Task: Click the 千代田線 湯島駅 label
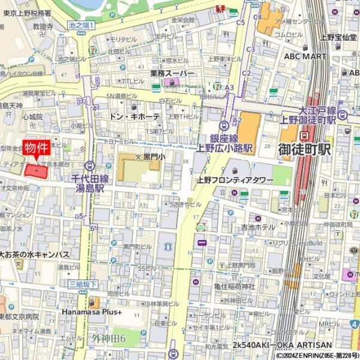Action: coord(90,183)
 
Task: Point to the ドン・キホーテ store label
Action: coord(136,116)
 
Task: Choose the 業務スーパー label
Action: coord(172,73)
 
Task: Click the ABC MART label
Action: coord(305,56)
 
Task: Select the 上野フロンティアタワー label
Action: coord(235,180)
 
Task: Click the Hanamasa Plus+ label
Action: coord(92,312)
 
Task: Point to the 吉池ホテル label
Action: coord(258,227)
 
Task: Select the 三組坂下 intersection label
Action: coord(83,284)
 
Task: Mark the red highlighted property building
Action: coord(36,171)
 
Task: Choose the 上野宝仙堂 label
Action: coord(338,37)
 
